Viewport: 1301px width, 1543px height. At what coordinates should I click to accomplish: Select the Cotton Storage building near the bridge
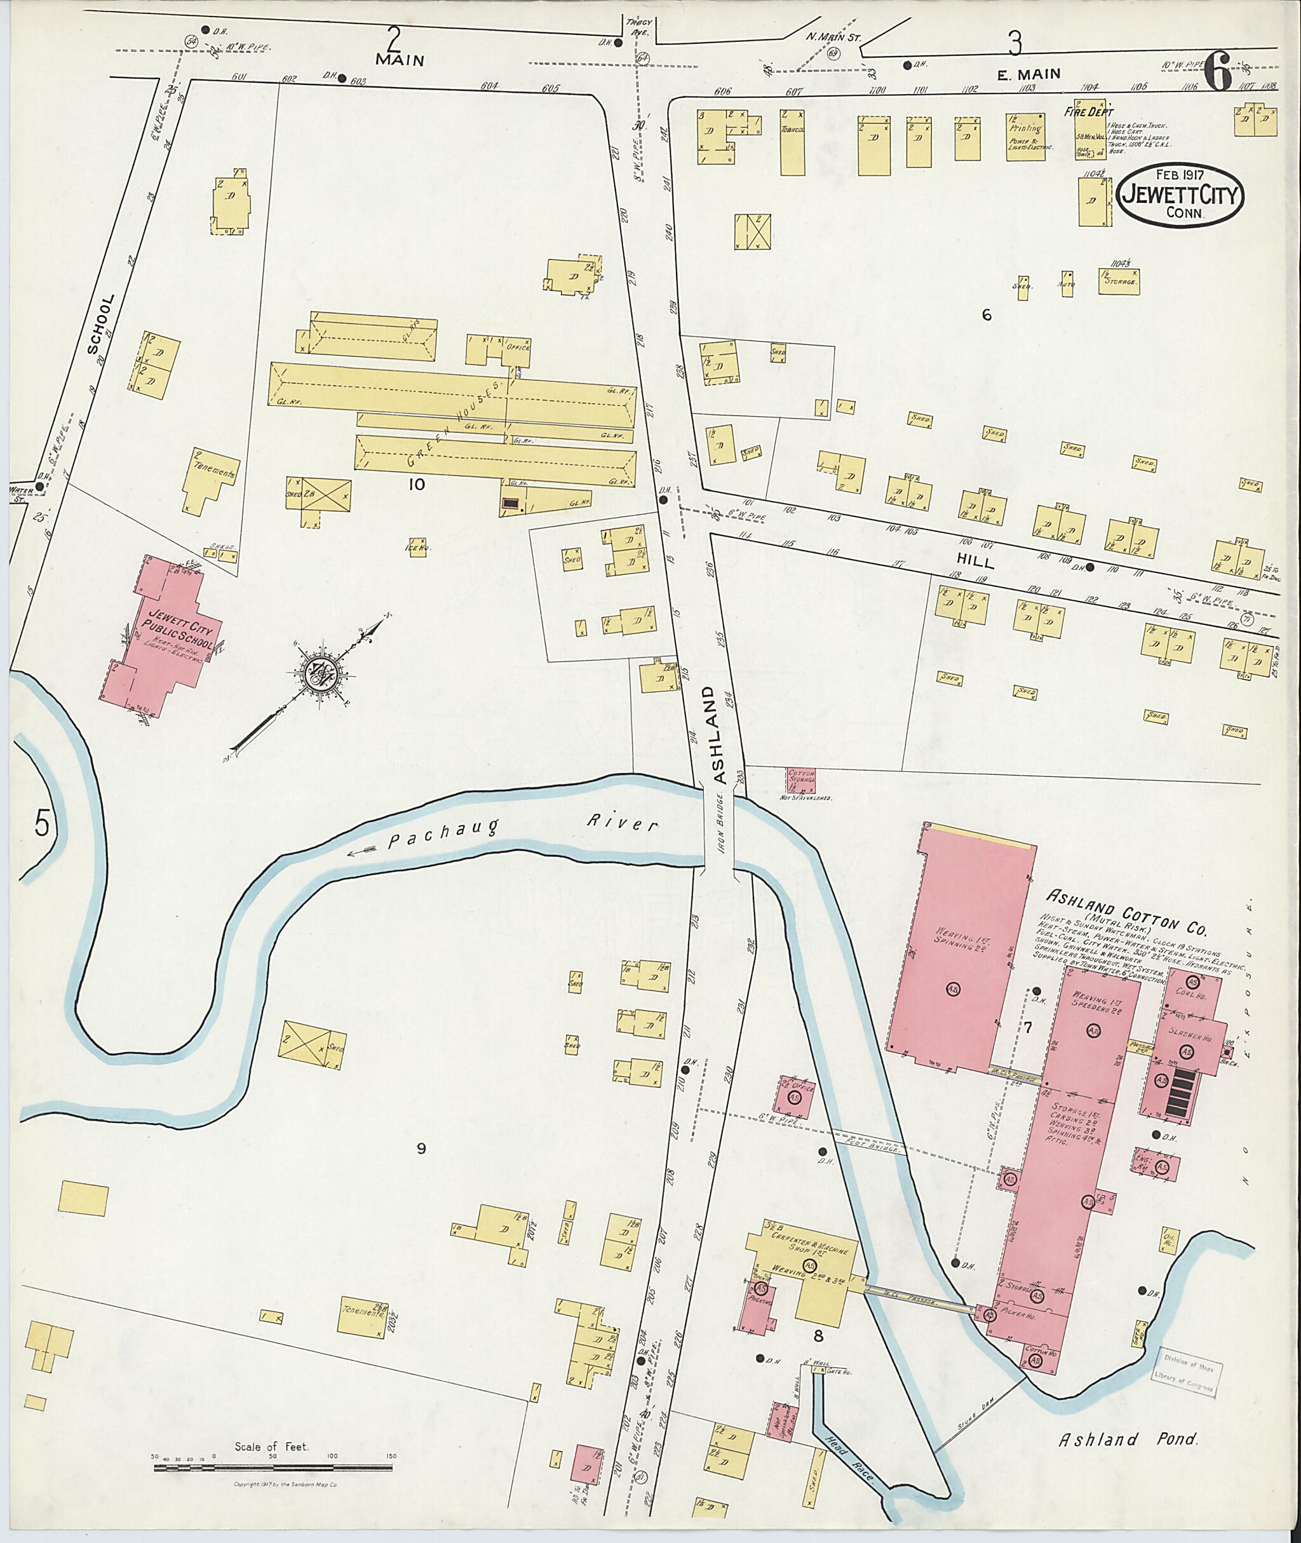[802, 779]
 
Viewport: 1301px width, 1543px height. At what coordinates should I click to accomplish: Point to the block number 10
[417, 484]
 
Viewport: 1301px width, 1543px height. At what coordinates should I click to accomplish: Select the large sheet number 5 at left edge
[42, 824]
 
